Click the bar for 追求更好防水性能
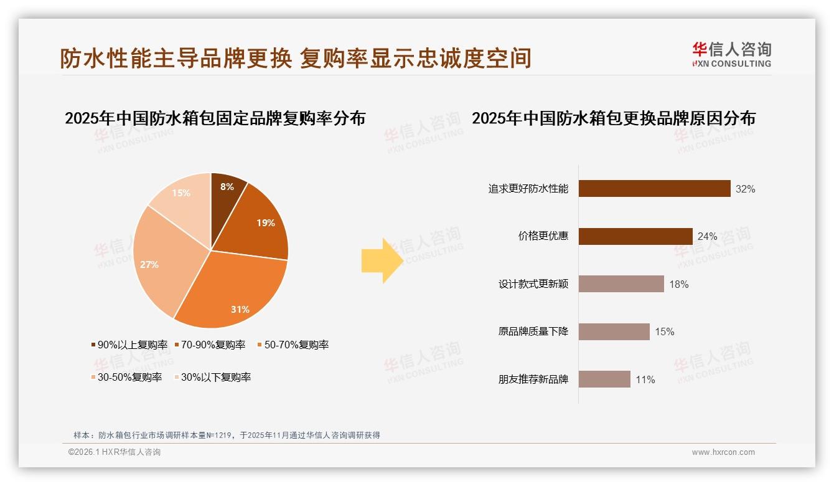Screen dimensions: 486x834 pyautogui.click(x=654, y=189)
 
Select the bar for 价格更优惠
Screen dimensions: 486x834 pyautogui.click(x=635, y=236)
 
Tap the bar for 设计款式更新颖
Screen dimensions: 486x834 pyautogui.click(x=621, y=284)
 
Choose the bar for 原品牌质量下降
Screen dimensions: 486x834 pyautogui.click(x=614, y=331)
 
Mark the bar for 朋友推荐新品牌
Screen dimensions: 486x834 pyautogui.click(x=604, y=379)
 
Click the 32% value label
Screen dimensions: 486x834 pyautogui.click(x=745, y=189)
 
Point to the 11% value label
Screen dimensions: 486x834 pyautogui.click(x=645, y=379)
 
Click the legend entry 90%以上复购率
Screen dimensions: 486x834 pyautogui.click(x=129, y=345)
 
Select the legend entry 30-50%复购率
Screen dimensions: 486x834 pyautogui.click(x=126, y=377)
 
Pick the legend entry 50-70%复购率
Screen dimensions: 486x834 pyautogui.click(x=292, y=345)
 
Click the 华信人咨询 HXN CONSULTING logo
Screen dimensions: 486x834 pyautogui.click(x=731, y=55)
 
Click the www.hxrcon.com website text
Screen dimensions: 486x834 pyautogui.click(x=723, y=452)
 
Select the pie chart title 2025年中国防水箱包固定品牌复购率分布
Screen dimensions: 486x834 pyautogui.click(x=215, y=118)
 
